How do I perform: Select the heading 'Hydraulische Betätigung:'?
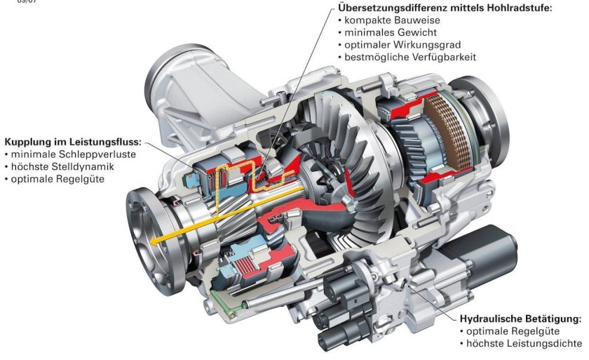pyautogui.click(x=520, y=318)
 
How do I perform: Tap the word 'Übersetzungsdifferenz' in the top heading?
pyautogui.click(x=396, y=8)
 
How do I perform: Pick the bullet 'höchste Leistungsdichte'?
pyautogui.click(x=524, y=343)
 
